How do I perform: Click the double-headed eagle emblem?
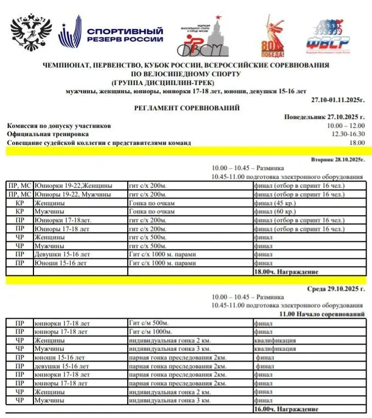[31, 34]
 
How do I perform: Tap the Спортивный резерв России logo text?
[125, 35]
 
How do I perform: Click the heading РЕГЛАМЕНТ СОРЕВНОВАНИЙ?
[187, 109]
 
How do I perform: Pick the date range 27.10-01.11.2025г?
[338, 99]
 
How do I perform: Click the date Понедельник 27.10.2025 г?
[325, 117]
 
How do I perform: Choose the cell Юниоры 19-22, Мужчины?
[73, 194]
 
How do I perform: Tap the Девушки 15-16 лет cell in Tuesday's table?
[60, 254]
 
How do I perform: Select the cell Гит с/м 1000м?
[157, 332]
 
